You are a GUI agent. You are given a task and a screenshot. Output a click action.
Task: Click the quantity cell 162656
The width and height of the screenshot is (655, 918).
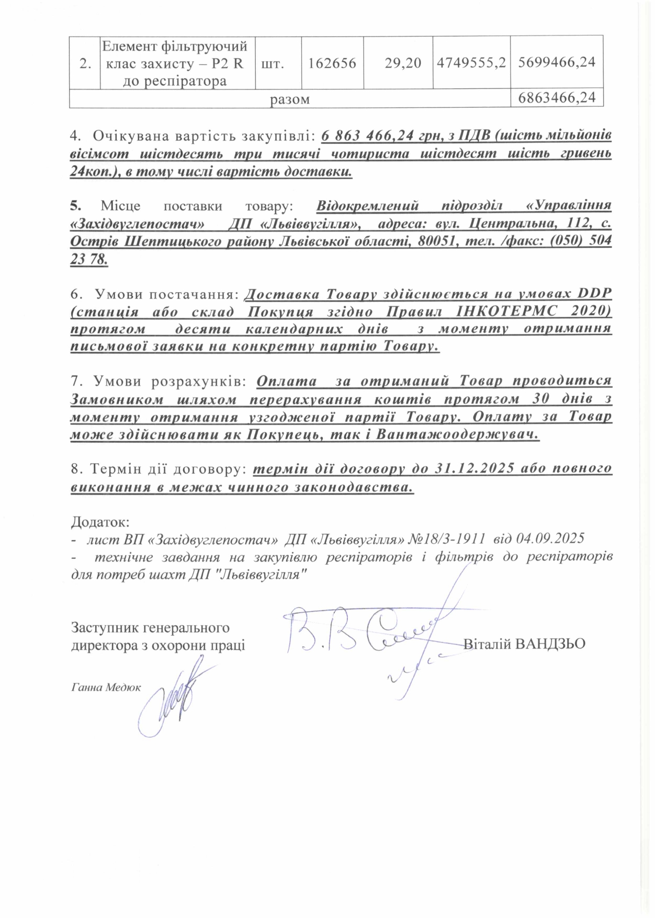(x=332, y=63)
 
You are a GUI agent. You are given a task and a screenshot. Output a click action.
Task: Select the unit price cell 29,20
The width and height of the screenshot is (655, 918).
(x=403, y=63)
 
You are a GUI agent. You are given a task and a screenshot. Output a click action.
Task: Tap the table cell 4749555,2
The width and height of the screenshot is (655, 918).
(x=471, y=63)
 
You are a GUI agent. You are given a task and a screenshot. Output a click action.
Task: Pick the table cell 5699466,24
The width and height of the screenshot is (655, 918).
(x=557, y=62)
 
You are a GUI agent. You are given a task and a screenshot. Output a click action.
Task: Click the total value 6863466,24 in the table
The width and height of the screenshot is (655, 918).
(x=557, y=98)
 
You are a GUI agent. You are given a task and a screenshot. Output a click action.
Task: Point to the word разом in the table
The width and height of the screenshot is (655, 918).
(x=290, y=99)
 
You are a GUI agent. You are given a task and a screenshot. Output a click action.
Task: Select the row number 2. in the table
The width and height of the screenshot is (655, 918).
(x=85, y=64)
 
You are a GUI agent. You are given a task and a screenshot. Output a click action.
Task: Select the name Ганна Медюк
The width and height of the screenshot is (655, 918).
(x=106, y=687)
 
